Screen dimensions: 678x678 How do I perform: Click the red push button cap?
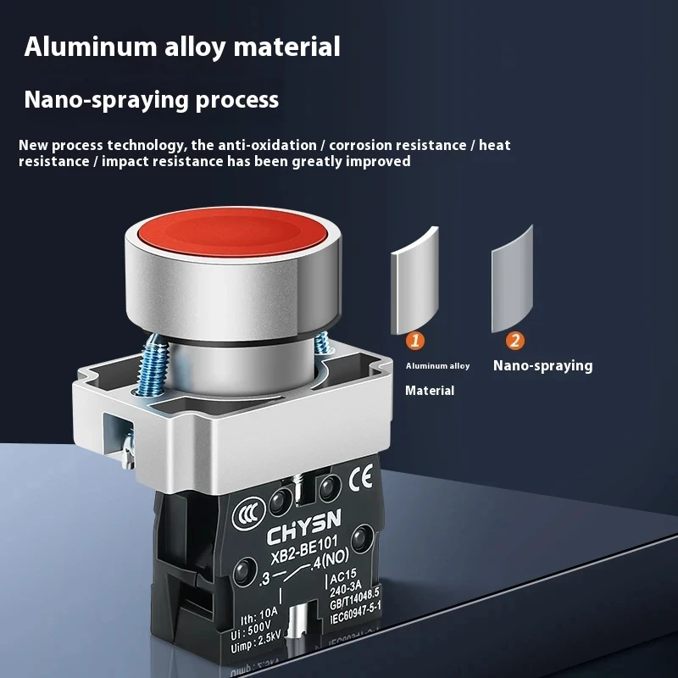231,231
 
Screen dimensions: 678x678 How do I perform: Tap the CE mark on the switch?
361,477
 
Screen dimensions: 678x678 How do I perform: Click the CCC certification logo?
248,514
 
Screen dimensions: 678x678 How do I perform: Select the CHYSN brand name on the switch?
303,526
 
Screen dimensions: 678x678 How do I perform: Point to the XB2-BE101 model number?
304,552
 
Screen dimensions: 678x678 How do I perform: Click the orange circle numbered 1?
415,341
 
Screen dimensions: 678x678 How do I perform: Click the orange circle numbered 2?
515,341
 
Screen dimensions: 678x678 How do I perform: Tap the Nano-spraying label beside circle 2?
542,366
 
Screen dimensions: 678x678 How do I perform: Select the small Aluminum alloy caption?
437,366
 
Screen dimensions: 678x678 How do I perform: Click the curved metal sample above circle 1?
414,281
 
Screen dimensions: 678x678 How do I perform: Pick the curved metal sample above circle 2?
512,279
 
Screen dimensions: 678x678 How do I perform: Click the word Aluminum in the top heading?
91,47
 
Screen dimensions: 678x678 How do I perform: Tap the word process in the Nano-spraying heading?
237,100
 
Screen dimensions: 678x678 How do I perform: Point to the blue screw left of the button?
152,365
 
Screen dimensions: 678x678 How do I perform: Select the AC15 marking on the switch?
343,576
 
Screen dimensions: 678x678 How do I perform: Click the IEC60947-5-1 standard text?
356,613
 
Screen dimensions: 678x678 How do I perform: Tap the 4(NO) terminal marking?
331,559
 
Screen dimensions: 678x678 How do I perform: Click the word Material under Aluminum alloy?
430,391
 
